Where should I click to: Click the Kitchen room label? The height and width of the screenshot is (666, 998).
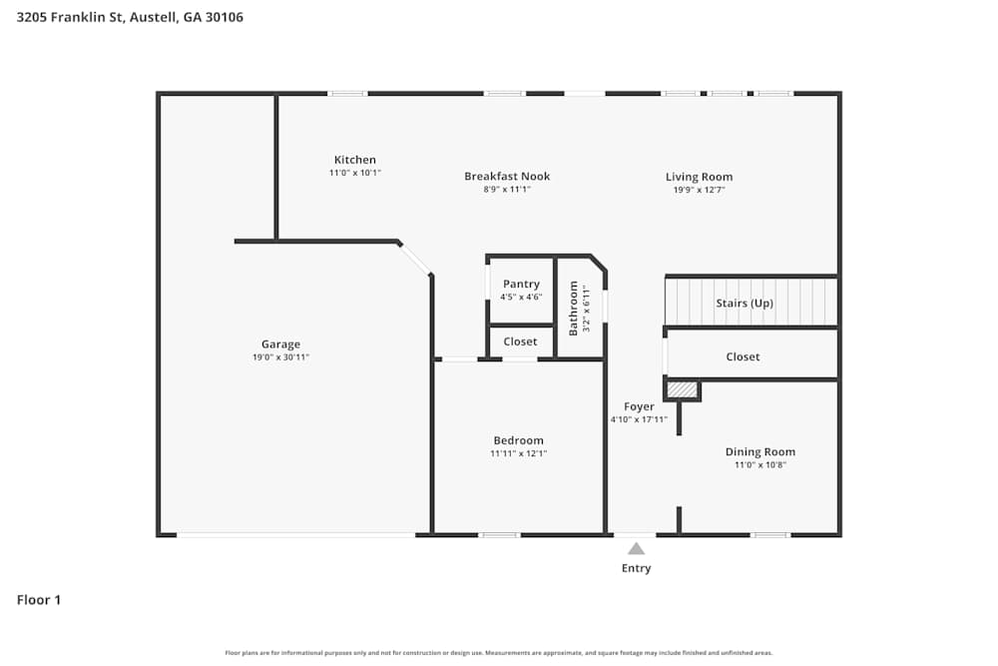click(355, 160)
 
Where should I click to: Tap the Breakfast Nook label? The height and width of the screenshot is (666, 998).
click(507, 177)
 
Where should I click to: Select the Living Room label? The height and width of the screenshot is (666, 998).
click(699, 177)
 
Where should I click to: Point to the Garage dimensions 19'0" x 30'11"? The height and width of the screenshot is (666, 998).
click(280, 357)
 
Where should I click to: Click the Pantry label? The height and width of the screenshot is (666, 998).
click(521, 285)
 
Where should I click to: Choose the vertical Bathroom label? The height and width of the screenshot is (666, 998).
click(574, 308)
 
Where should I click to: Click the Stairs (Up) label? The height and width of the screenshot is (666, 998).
click(745, 304)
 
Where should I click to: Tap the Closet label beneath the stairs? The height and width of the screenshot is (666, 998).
click(743, 356)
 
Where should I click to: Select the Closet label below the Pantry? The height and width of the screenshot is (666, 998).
click(520, 341)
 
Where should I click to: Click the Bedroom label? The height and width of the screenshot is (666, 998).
click(519, 440)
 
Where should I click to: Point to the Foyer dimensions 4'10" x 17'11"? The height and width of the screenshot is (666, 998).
click(639, 419)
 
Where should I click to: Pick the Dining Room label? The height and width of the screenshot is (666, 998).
click(760, 452)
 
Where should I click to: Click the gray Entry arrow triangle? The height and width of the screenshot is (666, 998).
click(636, 548)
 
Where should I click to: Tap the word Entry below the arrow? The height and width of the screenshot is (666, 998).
click(636, 568)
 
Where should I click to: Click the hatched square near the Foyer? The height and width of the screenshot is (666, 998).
click(682, 389)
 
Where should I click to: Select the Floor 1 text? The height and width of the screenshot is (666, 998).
click(39, 600)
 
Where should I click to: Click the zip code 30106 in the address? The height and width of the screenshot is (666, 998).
click(225, 17)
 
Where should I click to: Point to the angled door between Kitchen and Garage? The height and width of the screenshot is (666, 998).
click(415, 258)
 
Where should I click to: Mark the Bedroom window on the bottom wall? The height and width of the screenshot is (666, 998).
click(499, 535)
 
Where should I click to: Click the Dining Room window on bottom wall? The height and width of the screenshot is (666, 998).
click(770, 535)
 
